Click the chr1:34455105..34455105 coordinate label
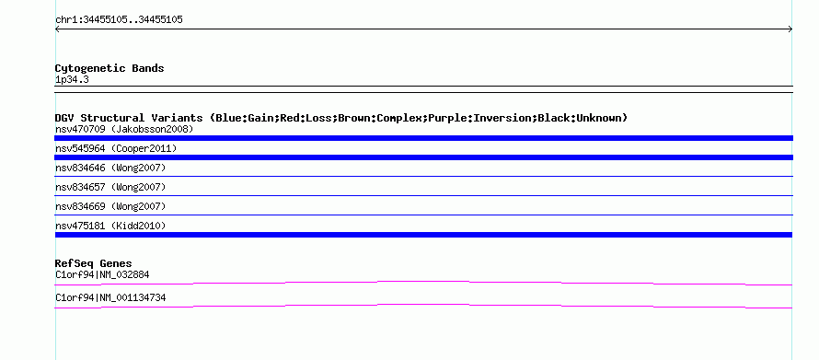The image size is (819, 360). click(x=119, y=20)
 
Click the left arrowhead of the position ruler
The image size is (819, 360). click(x=57, y=29)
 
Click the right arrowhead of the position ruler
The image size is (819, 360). click(x=790, y=29)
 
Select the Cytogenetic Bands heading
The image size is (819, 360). click(x=110, y=68)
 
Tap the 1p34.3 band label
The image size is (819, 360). click(x=72, y=80)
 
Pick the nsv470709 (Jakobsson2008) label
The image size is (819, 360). click(x=124, y=129)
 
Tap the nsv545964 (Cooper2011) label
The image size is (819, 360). click(x=116, y=148)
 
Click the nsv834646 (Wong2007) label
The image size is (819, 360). click(x=110, y=168)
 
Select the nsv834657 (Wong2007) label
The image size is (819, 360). click(x=110, y=187)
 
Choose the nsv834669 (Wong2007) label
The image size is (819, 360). click(x=110, y=206)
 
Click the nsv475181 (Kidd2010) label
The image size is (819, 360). click(x=110, y=226)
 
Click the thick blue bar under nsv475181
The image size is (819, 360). click(x=423, y=235)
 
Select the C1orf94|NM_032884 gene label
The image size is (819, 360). click(x=102, y=274)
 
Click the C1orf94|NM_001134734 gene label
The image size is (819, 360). click(x=110, y=297)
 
